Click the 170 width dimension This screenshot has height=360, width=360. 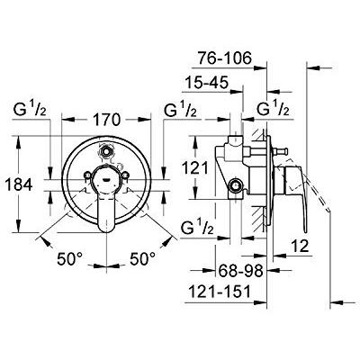[x=106, y=120]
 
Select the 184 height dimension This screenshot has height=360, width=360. [x=19, y=184]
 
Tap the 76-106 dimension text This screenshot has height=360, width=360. [x=224, y=58]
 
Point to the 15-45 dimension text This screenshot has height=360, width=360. [x=207, y=82]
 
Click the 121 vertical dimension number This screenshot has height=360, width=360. [x=194, y=167]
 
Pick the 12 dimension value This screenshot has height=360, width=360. [x=300, y=246]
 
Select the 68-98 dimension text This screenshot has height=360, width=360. [x=240, y=271]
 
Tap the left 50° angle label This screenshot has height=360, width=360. [x=69, y=258]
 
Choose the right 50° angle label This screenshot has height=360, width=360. [x=143, y=258]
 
